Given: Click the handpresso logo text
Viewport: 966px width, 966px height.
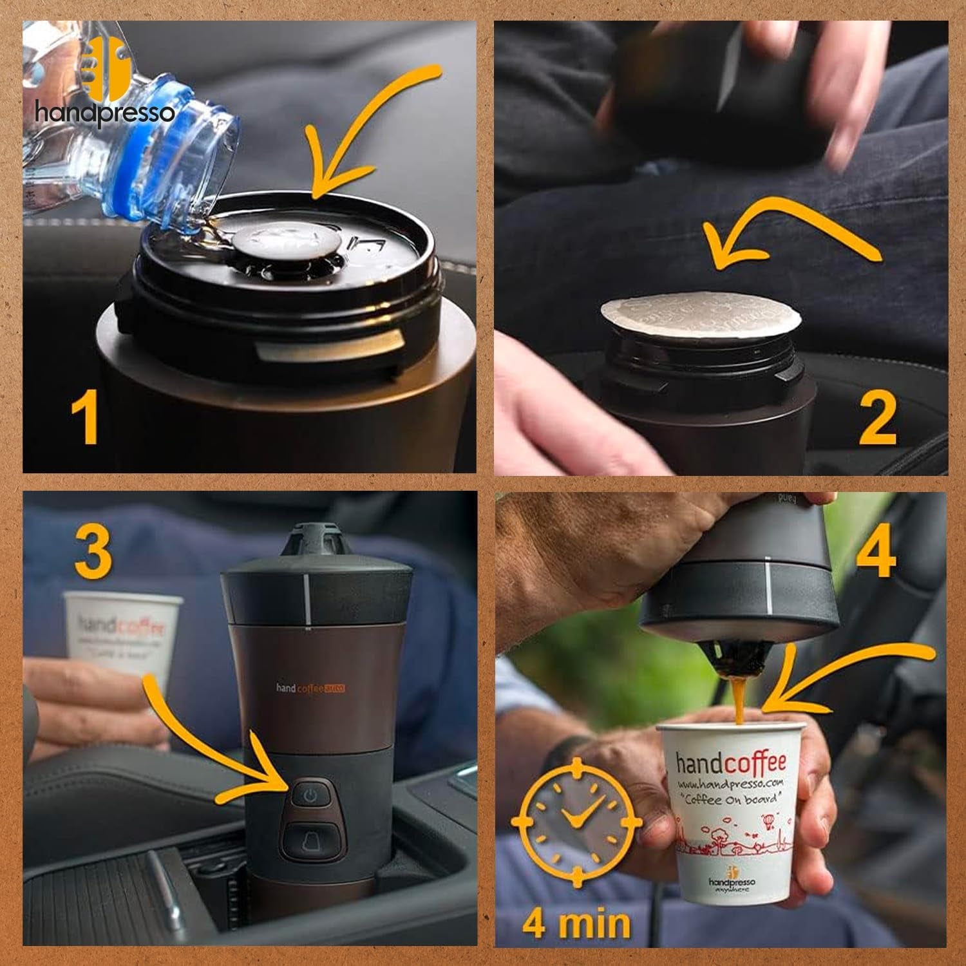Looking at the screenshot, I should pyautogui.click(x=104, y=113).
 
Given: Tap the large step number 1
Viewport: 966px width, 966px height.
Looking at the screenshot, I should pyautogui.click(x=86, y=419).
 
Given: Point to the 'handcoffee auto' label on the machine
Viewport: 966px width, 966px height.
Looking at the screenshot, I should pyautogui.click(x=310, y=688).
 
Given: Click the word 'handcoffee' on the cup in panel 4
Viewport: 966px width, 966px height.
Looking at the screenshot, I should pyautogui.click(x=731, y=763).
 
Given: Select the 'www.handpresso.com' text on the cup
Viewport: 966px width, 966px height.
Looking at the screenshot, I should pyautogui.click(x=730, y=784).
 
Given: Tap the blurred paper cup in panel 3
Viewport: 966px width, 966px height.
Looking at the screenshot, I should pyautogui.click(x=122, y=634).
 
